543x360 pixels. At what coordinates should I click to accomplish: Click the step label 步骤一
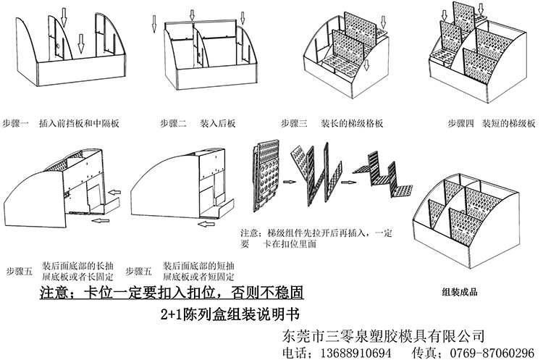click(15, 124)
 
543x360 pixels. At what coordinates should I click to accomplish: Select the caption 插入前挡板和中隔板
click(79, 124)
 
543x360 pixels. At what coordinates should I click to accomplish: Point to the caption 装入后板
click(222, 124)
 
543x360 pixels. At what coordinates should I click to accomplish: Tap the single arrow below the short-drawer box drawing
click(210, 225)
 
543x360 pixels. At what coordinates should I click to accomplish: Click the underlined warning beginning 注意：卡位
click(171, 293)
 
